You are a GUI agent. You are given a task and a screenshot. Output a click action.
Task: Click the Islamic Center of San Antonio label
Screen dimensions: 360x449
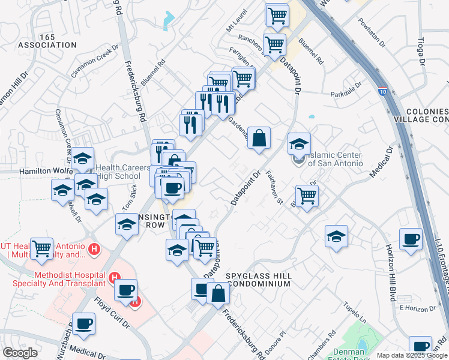[x=335, y=159]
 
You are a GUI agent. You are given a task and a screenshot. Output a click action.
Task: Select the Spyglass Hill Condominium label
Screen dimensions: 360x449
[x=259, y=280]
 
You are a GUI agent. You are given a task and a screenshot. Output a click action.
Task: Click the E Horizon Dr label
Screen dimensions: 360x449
[x=417, y=308]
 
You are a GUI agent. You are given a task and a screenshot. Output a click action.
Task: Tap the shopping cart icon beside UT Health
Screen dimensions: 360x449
[x=42, y=248]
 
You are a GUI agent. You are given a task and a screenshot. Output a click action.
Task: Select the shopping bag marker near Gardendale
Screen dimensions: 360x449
[x=259, y=138]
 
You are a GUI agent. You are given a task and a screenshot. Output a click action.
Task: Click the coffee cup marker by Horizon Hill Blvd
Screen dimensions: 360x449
[x=411, y=239]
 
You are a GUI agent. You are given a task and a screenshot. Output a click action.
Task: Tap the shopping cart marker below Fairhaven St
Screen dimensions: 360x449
[x=307, y=195]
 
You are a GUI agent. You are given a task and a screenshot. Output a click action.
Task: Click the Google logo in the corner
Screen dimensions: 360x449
[x=20, y=353]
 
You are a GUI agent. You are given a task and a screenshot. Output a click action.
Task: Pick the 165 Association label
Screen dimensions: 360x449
[x=47, y=41]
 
